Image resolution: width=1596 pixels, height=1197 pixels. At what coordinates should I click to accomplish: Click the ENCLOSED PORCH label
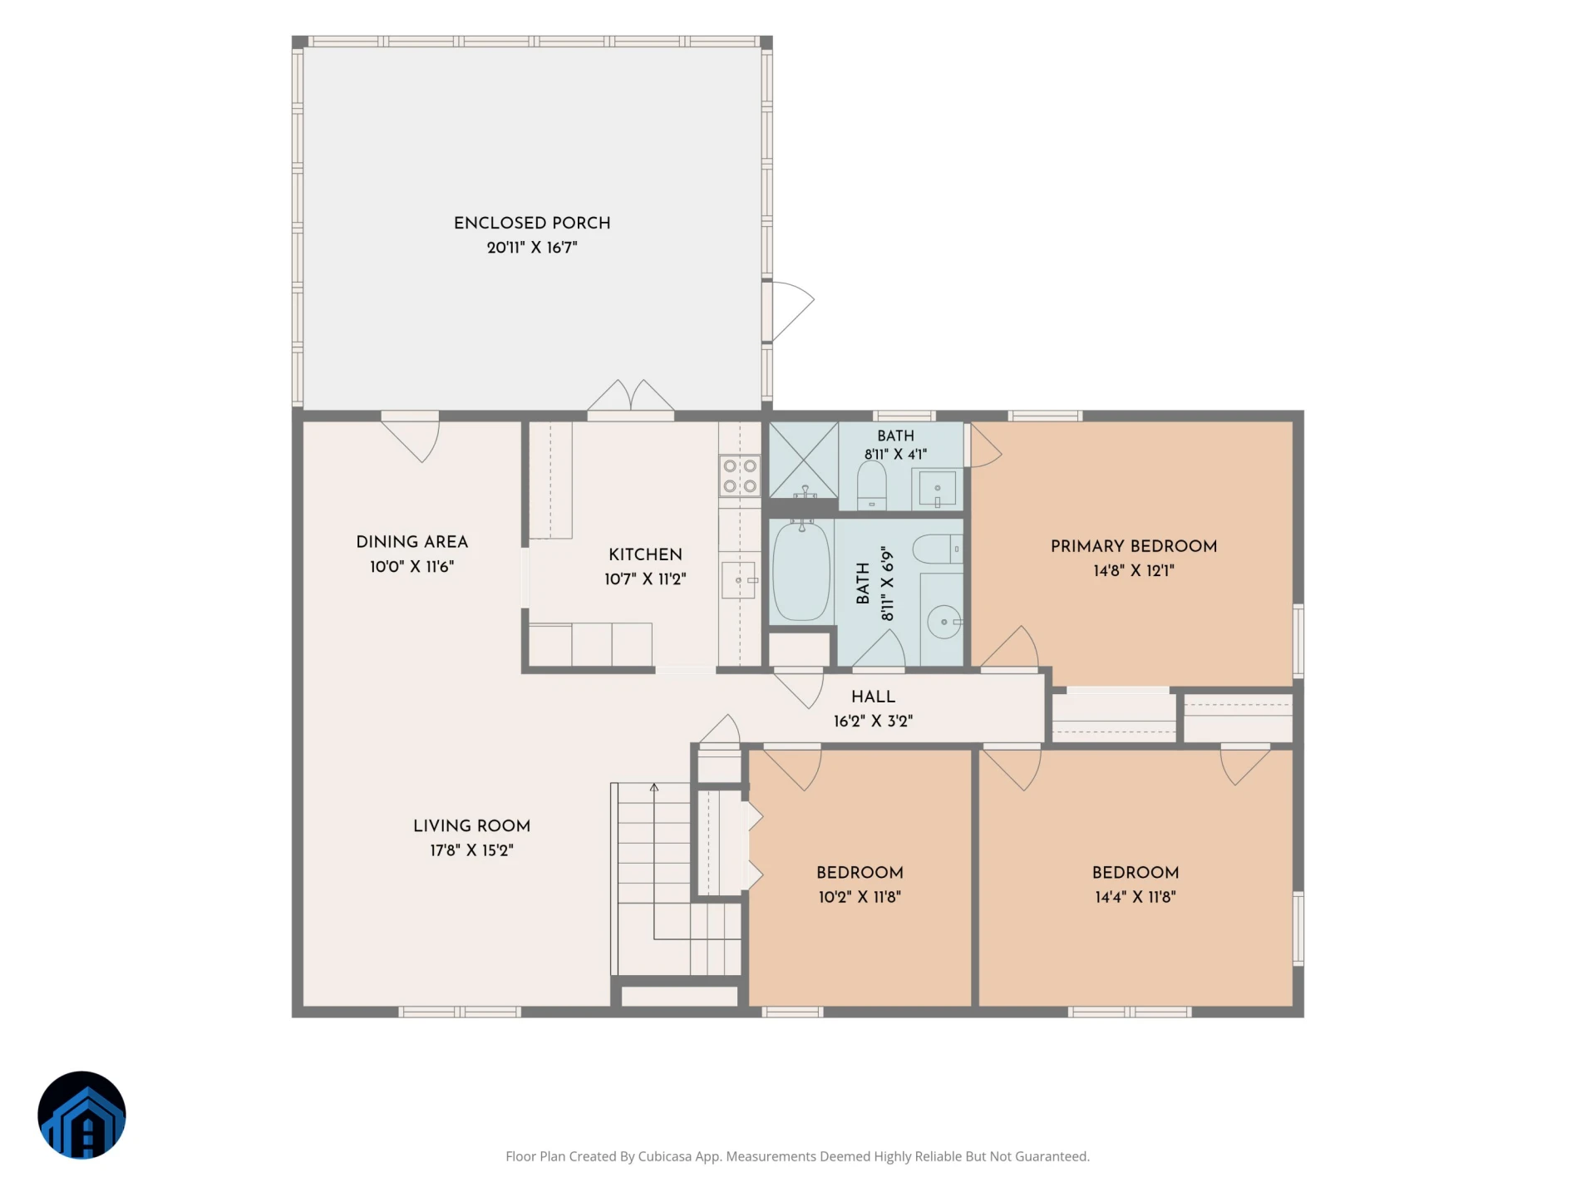click(532, 223)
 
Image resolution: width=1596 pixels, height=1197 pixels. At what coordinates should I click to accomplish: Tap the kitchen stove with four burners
click(740, 476)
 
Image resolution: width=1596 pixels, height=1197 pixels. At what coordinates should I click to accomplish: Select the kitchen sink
click(739, 579)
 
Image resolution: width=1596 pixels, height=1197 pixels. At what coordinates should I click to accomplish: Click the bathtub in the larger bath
click(801, 570)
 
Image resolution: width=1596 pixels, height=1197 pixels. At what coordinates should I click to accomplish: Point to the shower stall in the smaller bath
click(803, 460)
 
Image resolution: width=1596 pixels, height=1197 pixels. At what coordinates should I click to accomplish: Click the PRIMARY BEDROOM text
click(1134, 546)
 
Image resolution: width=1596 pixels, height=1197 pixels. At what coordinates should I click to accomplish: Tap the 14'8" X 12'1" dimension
click(1134, 570)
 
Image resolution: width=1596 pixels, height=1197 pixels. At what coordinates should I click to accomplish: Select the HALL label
click(873, 697)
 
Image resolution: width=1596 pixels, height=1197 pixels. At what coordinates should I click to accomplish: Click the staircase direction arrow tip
click(654, 785)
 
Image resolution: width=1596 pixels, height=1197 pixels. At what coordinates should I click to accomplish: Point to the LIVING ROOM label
click(471, 825)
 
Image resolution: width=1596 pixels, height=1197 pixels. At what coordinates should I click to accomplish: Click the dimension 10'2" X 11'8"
click(860, 897)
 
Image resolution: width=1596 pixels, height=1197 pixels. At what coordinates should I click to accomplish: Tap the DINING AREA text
click(411, 542)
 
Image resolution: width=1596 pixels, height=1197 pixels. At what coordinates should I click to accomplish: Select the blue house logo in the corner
click(81, 1115)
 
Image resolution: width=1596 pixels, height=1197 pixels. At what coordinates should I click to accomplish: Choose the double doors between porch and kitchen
click(631, 397)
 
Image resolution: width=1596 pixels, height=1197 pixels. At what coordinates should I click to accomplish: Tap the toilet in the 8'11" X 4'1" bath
click(871, 485)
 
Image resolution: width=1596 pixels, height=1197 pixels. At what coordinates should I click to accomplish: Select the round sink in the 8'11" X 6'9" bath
click(943, 621)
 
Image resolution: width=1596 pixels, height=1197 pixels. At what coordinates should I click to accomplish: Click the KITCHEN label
click(645, 554)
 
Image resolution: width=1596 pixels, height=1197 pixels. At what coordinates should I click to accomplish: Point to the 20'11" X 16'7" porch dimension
click(532, 247)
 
